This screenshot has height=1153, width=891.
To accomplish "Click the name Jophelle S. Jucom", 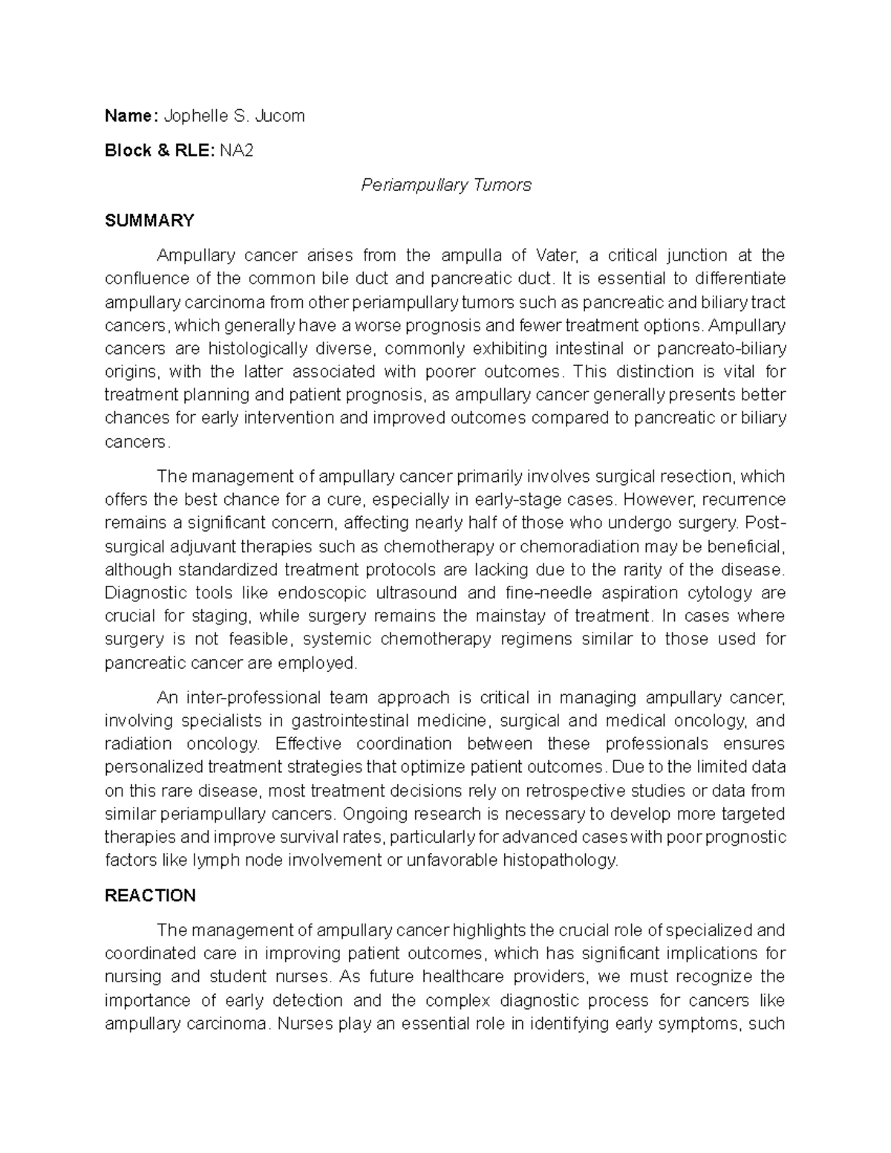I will pos(234,116).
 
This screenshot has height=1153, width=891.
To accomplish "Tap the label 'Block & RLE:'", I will pos(160,151).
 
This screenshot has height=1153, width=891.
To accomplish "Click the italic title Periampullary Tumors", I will pos(446,185).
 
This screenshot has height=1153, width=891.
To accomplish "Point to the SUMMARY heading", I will pos(149,221).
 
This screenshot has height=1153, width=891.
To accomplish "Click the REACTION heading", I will pos(150,895).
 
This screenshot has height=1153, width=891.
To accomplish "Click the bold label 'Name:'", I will pos(131,116).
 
